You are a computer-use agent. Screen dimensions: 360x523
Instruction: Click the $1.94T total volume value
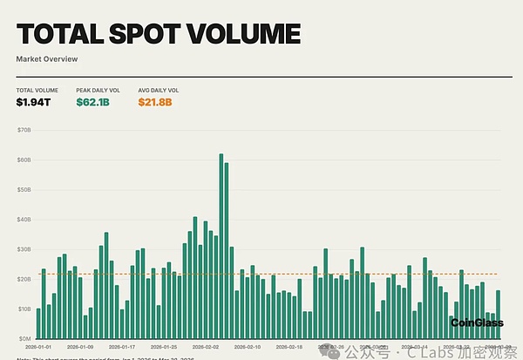(33, 103)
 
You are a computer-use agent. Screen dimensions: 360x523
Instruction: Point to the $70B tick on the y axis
(24, 130)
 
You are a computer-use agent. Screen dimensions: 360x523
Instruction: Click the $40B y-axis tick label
(24, 219)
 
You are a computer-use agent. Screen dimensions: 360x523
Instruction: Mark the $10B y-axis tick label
(24, 309)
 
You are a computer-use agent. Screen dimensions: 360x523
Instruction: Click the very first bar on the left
(38, 323)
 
